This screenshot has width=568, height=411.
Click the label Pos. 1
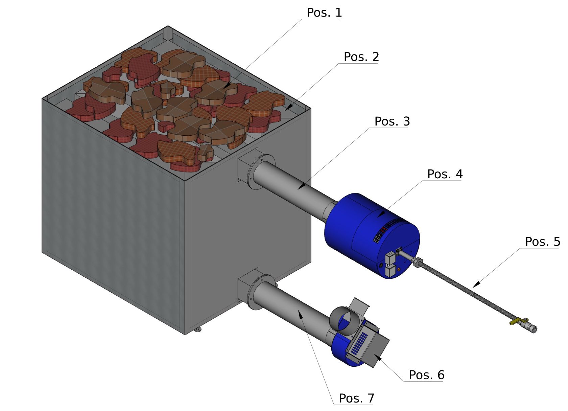click(324, 13)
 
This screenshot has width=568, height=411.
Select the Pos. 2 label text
click(361, 57)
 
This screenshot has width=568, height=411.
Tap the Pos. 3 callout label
click(392, 122)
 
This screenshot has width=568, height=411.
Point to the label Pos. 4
click(445, 174)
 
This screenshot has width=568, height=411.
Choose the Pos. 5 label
click(542, 242)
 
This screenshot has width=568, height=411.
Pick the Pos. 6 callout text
click(426, 375)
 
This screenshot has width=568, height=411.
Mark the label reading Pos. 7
click(356, 398)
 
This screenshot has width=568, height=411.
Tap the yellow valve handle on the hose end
click(517, 321)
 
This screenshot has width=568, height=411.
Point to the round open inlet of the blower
click(341, 320)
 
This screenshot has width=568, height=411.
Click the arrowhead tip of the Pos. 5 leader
click(473, 287)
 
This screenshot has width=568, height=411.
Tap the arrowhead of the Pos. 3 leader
click(299, 188)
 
